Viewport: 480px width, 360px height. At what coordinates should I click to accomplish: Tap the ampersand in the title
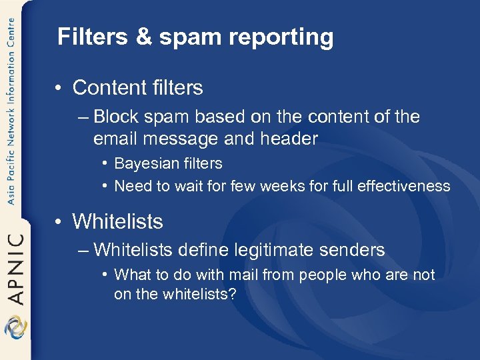[x=145, y=37]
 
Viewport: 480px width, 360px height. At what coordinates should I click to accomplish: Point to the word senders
[x=353, y=250]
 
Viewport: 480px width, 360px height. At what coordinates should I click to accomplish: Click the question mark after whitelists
[x=232, y=294]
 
